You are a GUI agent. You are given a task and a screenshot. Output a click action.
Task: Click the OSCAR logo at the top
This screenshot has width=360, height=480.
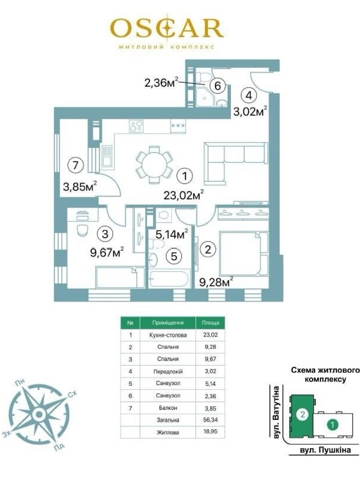167,28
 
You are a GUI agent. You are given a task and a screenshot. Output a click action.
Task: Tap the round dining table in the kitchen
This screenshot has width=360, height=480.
154,164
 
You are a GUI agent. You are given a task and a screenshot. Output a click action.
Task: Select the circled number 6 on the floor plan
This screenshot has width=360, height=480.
218,86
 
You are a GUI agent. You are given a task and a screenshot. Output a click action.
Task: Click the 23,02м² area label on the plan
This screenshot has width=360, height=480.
184,195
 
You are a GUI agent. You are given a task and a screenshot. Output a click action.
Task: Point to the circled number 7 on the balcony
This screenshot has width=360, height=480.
76,165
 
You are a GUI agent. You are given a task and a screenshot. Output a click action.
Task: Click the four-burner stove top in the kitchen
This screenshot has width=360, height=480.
136,126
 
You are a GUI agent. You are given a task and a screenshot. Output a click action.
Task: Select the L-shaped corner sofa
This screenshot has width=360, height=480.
236,163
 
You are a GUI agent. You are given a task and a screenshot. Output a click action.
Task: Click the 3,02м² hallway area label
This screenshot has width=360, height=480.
250,112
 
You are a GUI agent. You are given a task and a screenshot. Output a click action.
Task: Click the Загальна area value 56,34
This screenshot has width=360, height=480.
210,420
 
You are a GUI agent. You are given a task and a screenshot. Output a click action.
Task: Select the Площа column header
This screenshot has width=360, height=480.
210,323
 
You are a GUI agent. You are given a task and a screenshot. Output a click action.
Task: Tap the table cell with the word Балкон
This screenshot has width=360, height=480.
168,408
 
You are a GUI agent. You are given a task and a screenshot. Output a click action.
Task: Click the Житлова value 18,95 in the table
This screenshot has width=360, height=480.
210,432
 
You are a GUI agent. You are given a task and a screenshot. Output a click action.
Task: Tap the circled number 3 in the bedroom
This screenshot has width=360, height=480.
105,234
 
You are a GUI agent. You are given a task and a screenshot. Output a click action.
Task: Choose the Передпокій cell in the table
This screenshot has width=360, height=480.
168,371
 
